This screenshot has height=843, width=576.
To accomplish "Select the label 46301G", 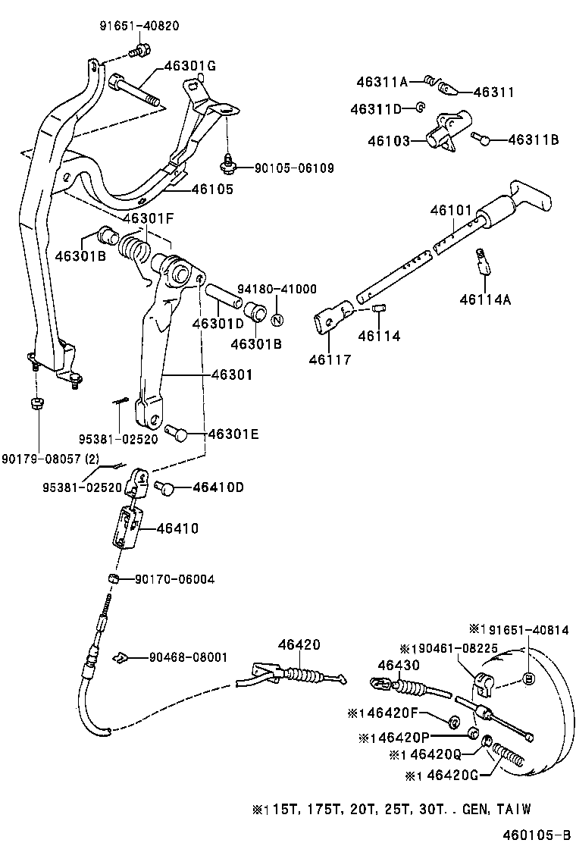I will tap(189, 66).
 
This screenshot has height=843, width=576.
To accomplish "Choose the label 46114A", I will tap(485, 299).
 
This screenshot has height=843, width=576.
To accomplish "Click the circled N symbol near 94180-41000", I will tap(277, 318).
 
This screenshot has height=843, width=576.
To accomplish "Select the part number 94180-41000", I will tap(277, 289).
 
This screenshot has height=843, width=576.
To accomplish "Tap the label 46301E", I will tap(233, 434).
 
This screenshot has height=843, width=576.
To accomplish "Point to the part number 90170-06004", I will tap(174, 579).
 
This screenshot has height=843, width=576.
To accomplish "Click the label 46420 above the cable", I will tap(299, 644).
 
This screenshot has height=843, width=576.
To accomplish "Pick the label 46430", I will tap(399, 665).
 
